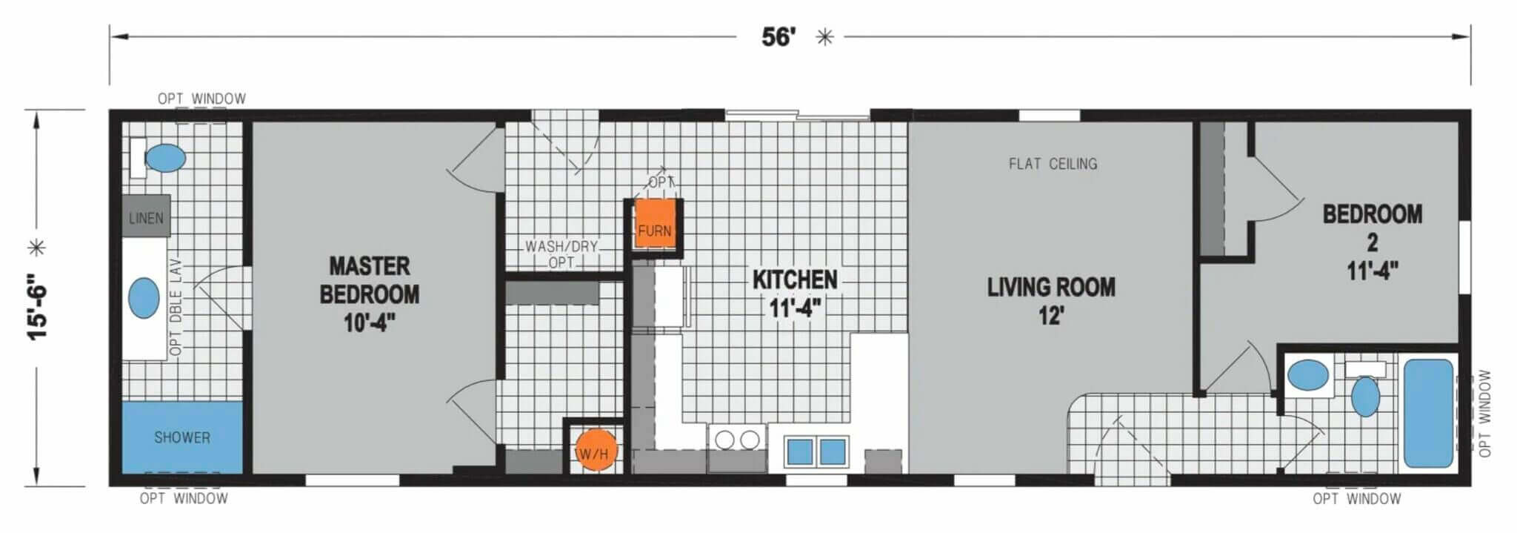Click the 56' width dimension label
click(778, 36)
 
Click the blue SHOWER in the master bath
click(182, 437)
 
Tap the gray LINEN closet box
click(146, 216)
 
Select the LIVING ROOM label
click(1051, 301)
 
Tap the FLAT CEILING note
click(1053, 164)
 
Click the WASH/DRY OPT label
click(561, 254)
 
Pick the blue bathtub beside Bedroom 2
click(1429, 413)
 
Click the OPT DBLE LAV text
click(176, 307)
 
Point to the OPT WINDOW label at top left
click(201, 99)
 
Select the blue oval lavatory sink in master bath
click(144, 299)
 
